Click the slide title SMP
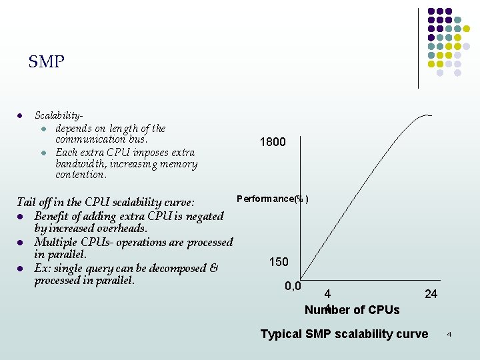(x=47, y=63)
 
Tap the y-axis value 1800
(x=273, y=142)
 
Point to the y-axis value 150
(x=279, y=262)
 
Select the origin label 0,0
(x=293, y=287)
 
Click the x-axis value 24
(x=431, y=294)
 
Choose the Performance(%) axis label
(x=272, y=199)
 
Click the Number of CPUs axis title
(x=352, y=310)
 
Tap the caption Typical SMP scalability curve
(x=344, y=334)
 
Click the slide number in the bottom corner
(x=449, y=333)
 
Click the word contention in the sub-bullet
(x=80, y=175)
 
